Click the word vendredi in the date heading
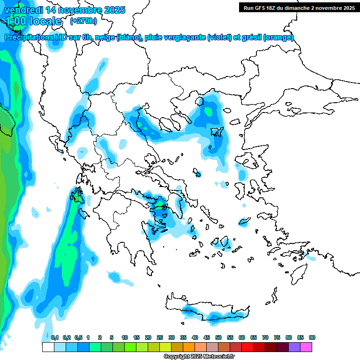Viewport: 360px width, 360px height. tap(23, 10)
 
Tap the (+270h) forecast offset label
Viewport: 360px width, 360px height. tap(83, 21)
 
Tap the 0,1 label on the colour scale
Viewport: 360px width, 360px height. tap(54, 337)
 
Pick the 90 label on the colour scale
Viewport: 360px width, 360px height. tap(312, 337)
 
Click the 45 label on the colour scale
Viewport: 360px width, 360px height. tap(207, 337)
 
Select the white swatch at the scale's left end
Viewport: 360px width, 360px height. tap(48, 347)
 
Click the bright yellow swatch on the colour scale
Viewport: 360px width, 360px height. tap(165, 347)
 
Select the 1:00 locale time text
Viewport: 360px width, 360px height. tap(34, 21)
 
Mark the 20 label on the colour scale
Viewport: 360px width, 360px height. tap(148, 337)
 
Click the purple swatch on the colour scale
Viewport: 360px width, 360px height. tap(295, 347)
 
